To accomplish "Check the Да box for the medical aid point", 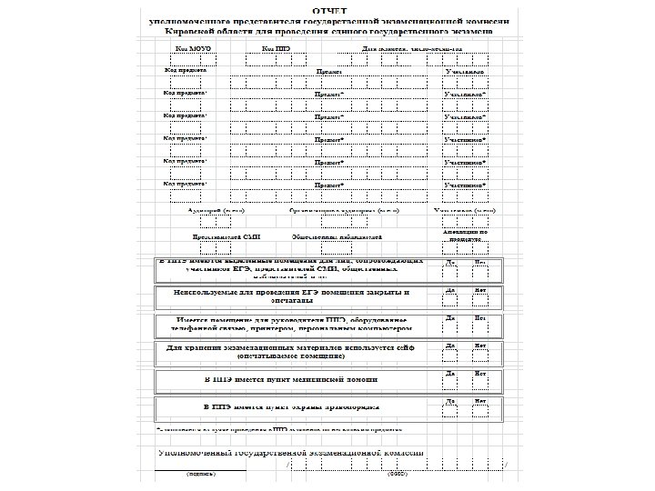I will coord(450,383).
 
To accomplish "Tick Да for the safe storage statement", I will coord(450,356).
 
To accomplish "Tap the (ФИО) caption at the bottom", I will coord(398,474).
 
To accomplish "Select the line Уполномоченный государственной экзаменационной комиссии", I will coord(291,452).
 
